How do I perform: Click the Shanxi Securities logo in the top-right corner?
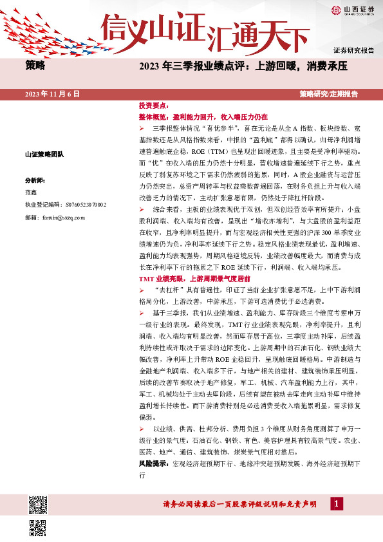[352, 10]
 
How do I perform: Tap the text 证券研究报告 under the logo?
[353, 50]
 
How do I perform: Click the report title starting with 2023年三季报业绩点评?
[243, 66]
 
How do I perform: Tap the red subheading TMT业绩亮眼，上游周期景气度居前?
[194, 279]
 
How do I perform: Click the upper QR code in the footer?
[39, 506]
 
